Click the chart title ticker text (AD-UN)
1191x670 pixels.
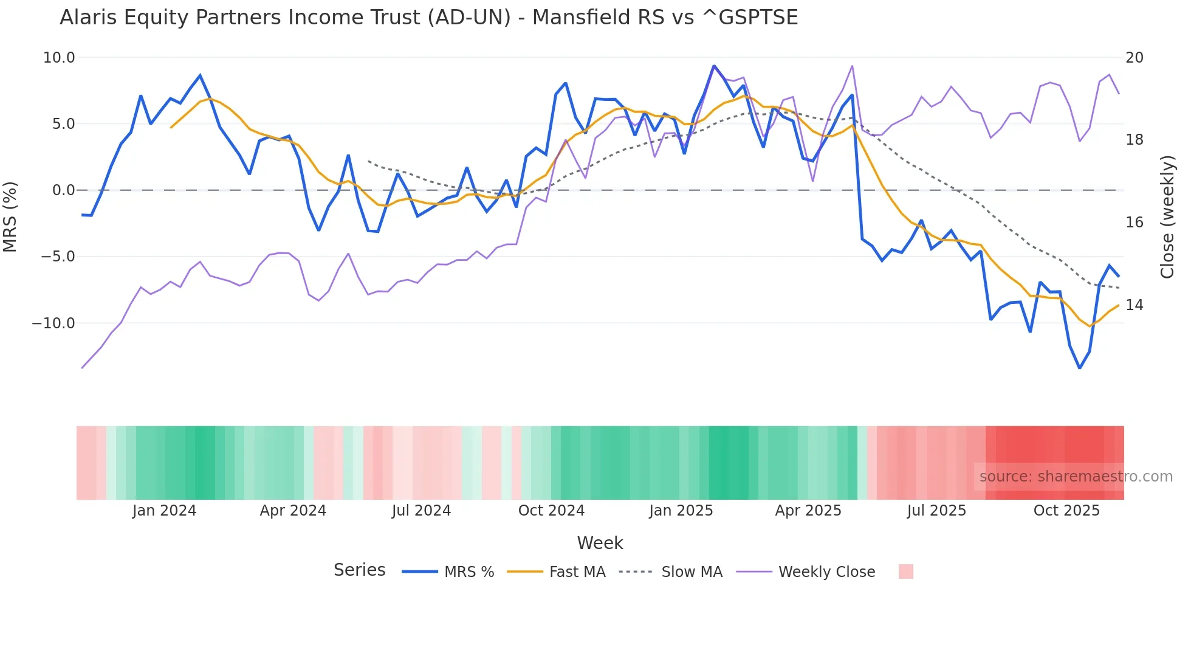coord(469,18)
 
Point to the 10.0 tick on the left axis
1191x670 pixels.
coord(59,58)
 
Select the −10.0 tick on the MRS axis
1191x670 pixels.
coord(53,323)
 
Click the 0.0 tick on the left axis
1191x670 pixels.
coord(64,190)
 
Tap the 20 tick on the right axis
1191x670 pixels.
coord(1134,58)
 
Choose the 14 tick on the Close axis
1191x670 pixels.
coord(1134,305)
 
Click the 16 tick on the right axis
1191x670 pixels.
coord(1134,223)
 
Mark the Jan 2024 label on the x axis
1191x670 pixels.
coord(164,511)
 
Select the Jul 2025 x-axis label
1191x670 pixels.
coord(936,511)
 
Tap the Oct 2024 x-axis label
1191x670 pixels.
coord(551,511)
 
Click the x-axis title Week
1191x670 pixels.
coord(600,543)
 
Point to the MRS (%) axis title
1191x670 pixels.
coord(10,216)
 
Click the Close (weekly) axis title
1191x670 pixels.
coord(1167,216)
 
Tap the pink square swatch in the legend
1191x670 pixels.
coord(905,572)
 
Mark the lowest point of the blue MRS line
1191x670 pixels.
coord(1080,368)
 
